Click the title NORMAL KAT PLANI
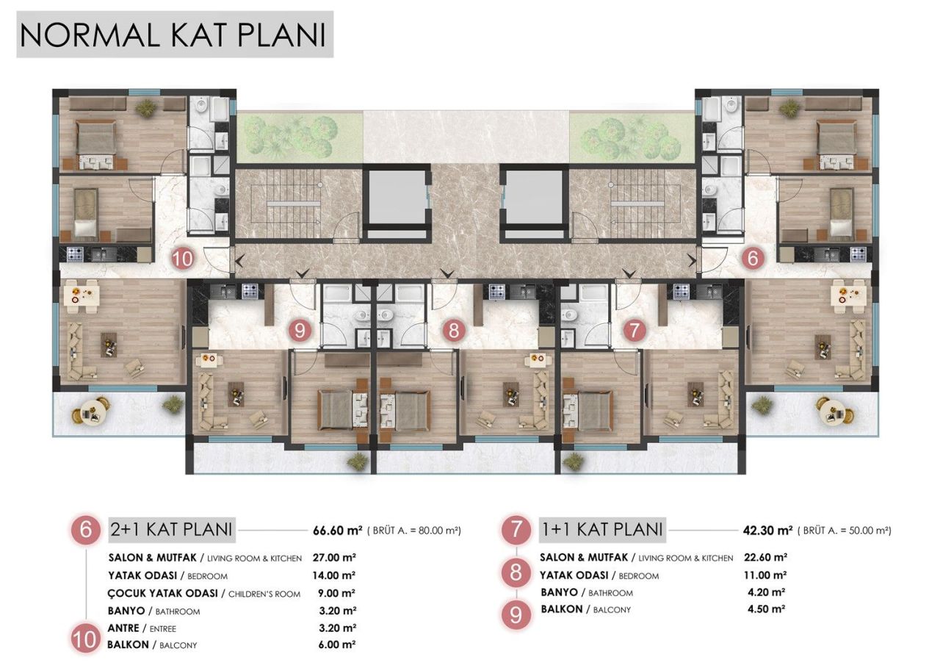173,34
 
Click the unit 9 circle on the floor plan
299,331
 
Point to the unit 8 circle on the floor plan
453,331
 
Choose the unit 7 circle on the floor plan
632,331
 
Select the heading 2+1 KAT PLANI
171,529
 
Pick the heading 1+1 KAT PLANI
602,529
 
